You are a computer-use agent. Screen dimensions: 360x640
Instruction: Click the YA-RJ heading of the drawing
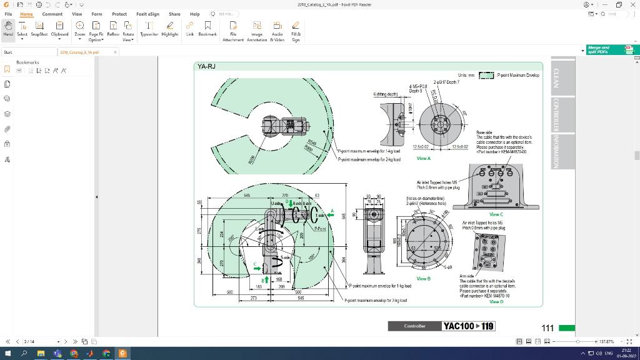coord(207,66)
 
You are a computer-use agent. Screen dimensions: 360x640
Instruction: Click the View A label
coord(424,158)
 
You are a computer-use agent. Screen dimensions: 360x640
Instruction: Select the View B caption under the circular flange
coord(424,279)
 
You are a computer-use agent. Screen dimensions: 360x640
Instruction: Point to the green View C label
coord(496,214)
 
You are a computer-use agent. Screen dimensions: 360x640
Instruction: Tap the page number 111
coord(547,327)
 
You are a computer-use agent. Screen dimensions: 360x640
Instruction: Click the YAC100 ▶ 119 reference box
coord(468,326)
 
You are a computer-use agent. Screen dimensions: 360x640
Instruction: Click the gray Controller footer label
coord(414,326)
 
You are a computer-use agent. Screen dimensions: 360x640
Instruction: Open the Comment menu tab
coord(52,14)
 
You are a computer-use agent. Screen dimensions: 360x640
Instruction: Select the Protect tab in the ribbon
coord(119,14)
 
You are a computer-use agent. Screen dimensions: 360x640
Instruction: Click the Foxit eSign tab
coord(147,14)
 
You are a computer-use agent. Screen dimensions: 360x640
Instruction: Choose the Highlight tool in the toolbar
coord(170,28)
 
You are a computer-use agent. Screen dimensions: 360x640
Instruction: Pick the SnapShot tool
coord(39,28)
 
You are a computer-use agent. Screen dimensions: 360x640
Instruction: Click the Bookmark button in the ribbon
coord(207,28)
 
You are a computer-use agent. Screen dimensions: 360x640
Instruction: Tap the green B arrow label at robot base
coord(267,279)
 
